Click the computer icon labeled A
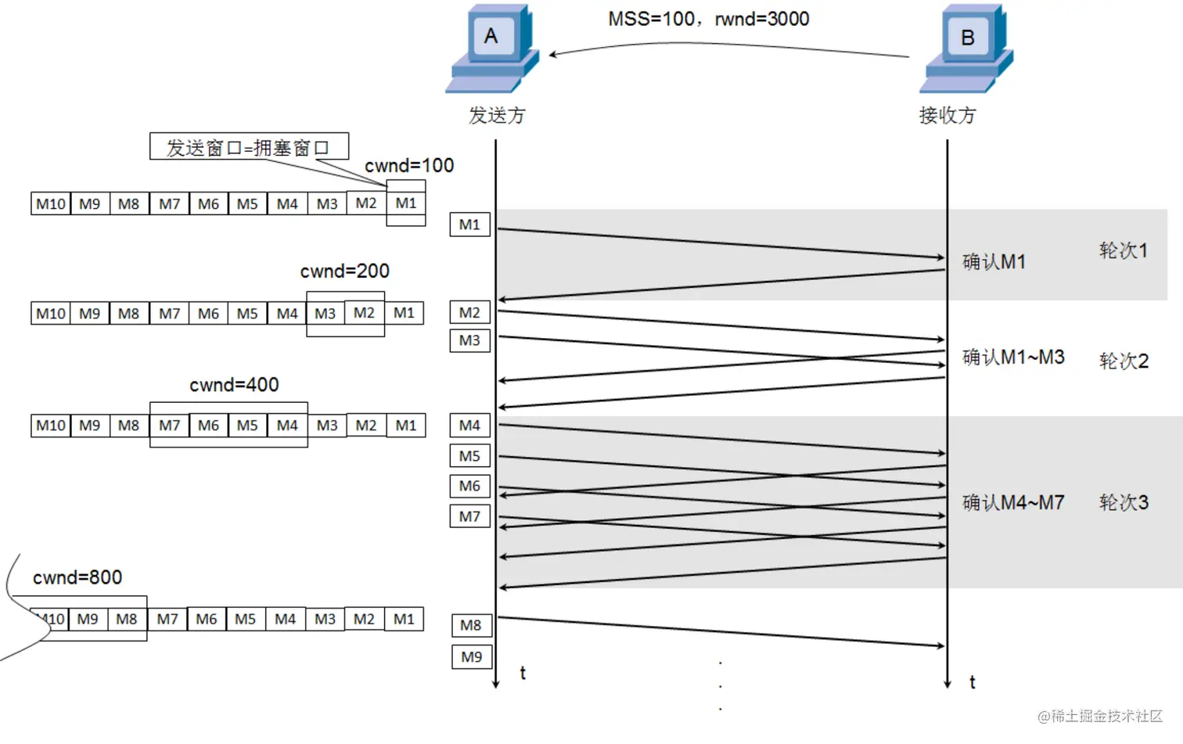[x=493, y=49]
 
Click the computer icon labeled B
[x=967, y=49]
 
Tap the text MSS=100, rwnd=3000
[x=708, y=19]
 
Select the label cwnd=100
[x=409, y=166]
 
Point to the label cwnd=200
[x=344, y=271]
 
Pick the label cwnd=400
[x=234, y=385]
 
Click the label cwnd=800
[x=77, y=577]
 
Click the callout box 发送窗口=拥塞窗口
[x=249, y=147]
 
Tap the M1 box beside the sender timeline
[x=469, y=225]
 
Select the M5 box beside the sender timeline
[x=469, y=456]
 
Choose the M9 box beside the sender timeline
[x=472, y=657]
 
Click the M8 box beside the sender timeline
[x=471, y=625]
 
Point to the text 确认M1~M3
[x=1013, y=358]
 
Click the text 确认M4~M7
[x=1013, y=502]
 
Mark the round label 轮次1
[x=1123, y=250]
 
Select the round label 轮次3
[x=1124, y=502]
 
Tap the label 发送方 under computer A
[x=497, y=116]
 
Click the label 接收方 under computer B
[x=947, y=116]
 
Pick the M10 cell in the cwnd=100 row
[x=51, y=204]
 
